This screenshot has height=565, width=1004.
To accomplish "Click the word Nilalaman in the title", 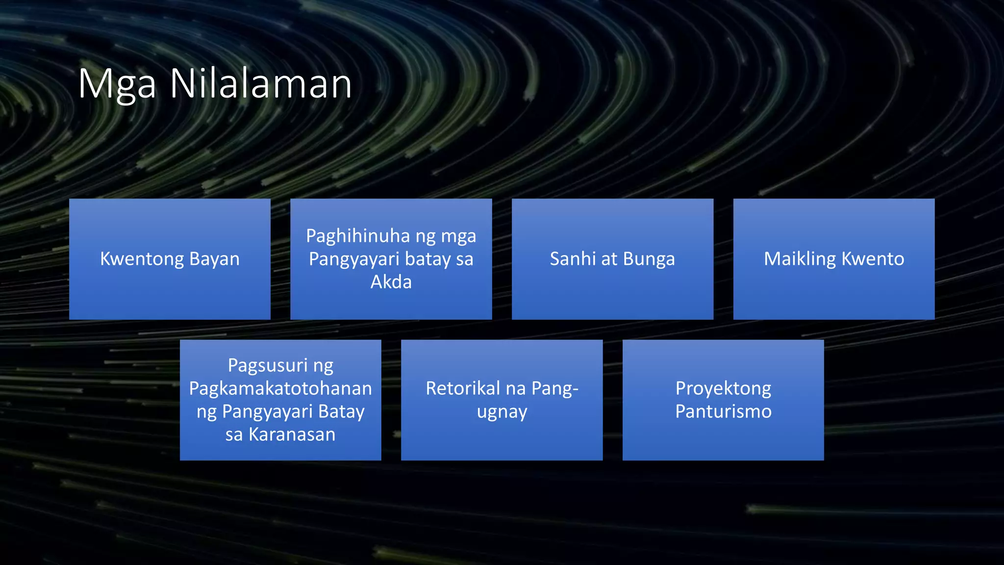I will [x=261, y=84].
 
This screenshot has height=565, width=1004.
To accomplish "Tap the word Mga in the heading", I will [x=117, y=85].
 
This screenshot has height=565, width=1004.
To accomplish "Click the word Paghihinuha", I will [x=357, y=236].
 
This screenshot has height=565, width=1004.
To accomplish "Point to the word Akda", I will [x=391, y=282].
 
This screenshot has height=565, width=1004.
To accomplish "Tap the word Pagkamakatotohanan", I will [x=280, y=388].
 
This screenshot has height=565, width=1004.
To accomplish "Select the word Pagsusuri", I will [x=268, y=366].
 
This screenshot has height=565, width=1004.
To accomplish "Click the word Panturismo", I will [x=723, y=411].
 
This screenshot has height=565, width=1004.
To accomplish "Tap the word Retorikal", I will [x=463, y=388].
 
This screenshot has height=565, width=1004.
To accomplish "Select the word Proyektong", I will [x=723, y=389].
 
